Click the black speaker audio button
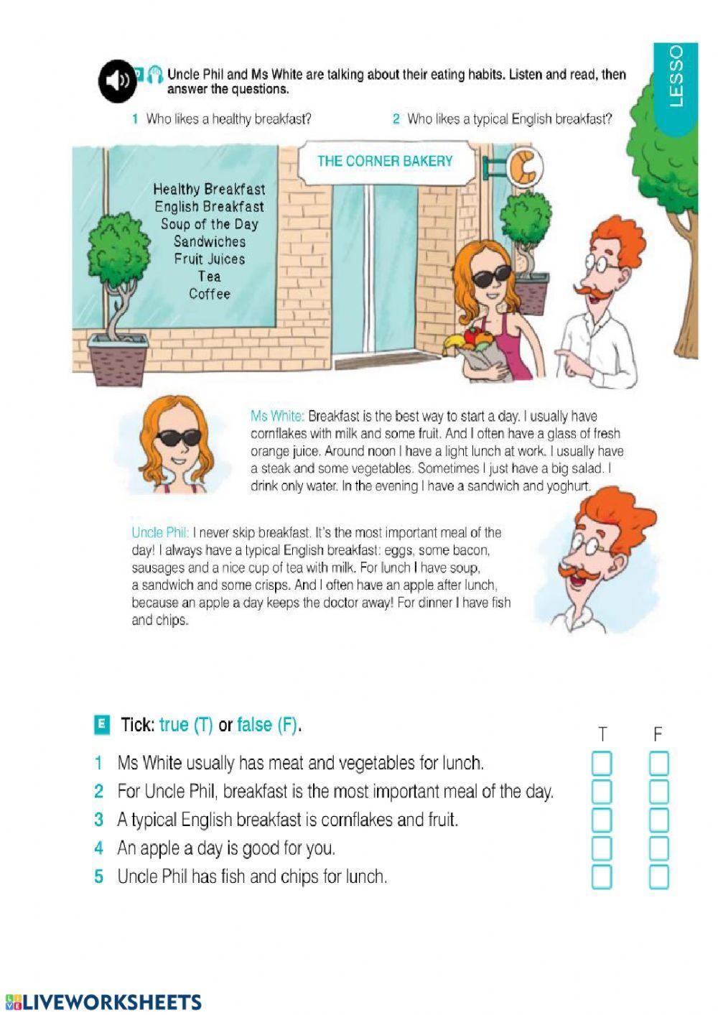tap(117, 81)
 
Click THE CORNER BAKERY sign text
tap(385, 161)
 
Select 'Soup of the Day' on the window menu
tap(209, 224)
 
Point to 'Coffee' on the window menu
tap(209, 294)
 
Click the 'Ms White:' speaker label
tap(277, 416)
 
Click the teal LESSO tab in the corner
tap(676, 89)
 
